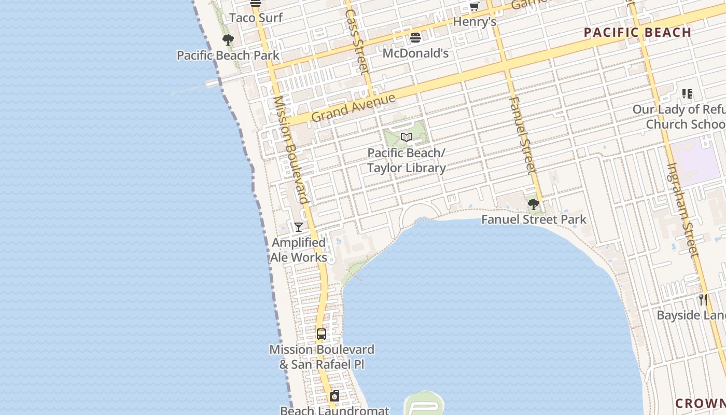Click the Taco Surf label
point(256,18)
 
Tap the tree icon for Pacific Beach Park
point(228,40)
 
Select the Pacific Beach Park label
point(228,56)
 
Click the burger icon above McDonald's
point(415,37)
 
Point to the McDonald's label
point(415,53)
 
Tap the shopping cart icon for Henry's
point(474,7)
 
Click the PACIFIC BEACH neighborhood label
point(637,33)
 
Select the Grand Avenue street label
point(354,107)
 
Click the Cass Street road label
point(356,41)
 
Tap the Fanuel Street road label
point(522,135)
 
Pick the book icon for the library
point(407,137)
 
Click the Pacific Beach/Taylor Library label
point(407,161)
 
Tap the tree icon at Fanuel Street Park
point(533,204)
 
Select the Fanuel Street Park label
point(534,219)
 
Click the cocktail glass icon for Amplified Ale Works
point(299,227)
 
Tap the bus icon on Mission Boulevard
point(322,334)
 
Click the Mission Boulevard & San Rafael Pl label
point(322,357)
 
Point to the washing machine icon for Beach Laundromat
point(334,396)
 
